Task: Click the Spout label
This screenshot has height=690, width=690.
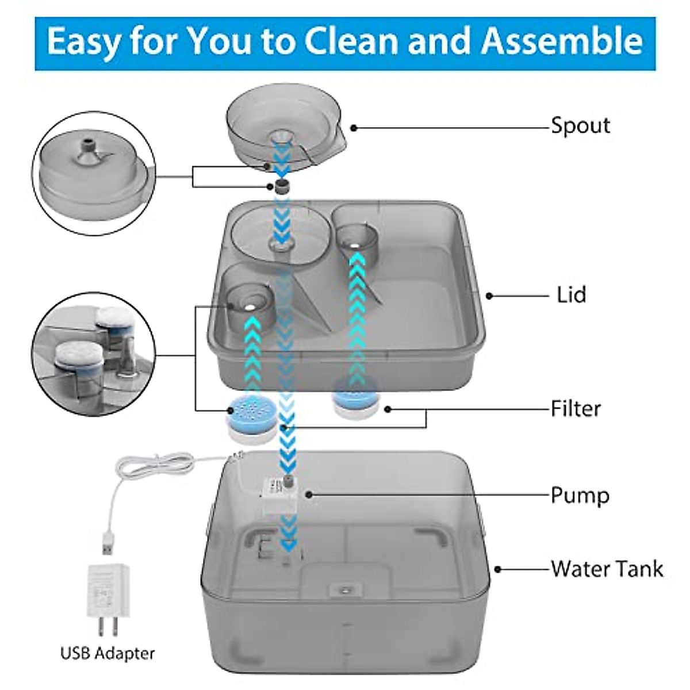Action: point(580,125)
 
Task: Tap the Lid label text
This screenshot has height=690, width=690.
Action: point(571,295)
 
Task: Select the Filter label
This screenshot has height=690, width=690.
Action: point(576,409)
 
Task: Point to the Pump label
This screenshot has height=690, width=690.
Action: point(580,495)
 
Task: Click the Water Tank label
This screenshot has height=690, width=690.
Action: point(607,569)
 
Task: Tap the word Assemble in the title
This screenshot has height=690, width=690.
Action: point(562,41)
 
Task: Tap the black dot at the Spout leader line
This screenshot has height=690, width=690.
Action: point(354,127)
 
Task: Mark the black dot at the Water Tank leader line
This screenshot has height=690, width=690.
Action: point(498,569)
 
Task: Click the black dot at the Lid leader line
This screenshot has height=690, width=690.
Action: point(489,296)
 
